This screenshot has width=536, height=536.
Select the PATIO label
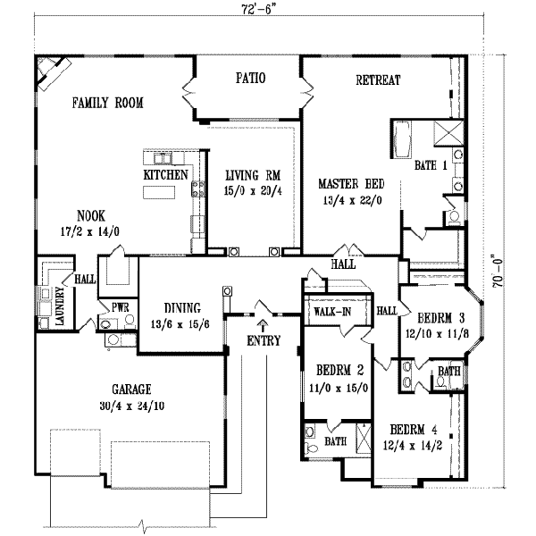coord(250,79)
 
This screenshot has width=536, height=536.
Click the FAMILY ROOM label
coord(107,103)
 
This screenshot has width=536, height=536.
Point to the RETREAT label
coord(378,80)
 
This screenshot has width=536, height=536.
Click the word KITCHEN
coord(165,175)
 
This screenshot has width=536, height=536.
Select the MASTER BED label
coord(351,184)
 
